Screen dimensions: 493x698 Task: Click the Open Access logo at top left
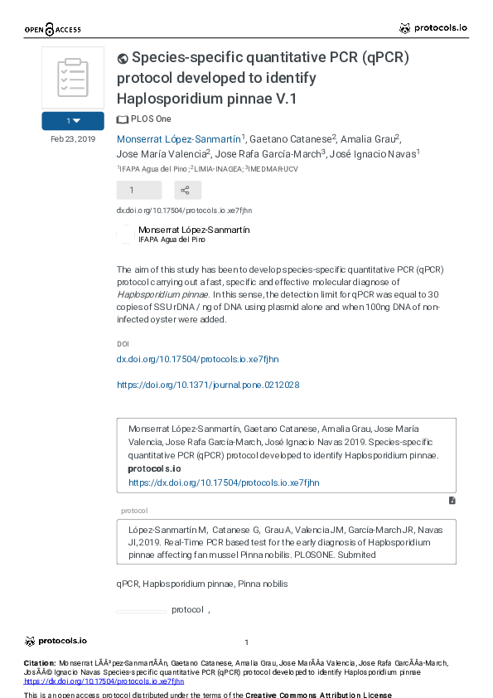tap(52, 30)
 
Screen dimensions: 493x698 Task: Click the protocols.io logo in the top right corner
tap(433, 27)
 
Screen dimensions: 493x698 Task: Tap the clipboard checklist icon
tap(73, 77)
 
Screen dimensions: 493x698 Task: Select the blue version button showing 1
tap(73, 121)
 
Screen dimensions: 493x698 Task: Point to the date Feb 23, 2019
tap(73, 139)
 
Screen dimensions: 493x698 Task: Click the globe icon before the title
tap(123, 58)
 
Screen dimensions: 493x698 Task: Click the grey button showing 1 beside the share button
tap(131, 190)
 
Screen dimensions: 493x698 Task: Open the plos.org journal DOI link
tap(208, 385)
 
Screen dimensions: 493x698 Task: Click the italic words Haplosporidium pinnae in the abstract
tap(162, 293)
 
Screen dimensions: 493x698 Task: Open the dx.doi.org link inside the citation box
tap(224, 482)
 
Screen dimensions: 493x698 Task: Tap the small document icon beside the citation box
tap(452, 501)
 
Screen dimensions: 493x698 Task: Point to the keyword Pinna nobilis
tap(263, 584)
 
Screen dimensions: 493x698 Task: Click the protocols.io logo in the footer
tap(56, 641)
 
